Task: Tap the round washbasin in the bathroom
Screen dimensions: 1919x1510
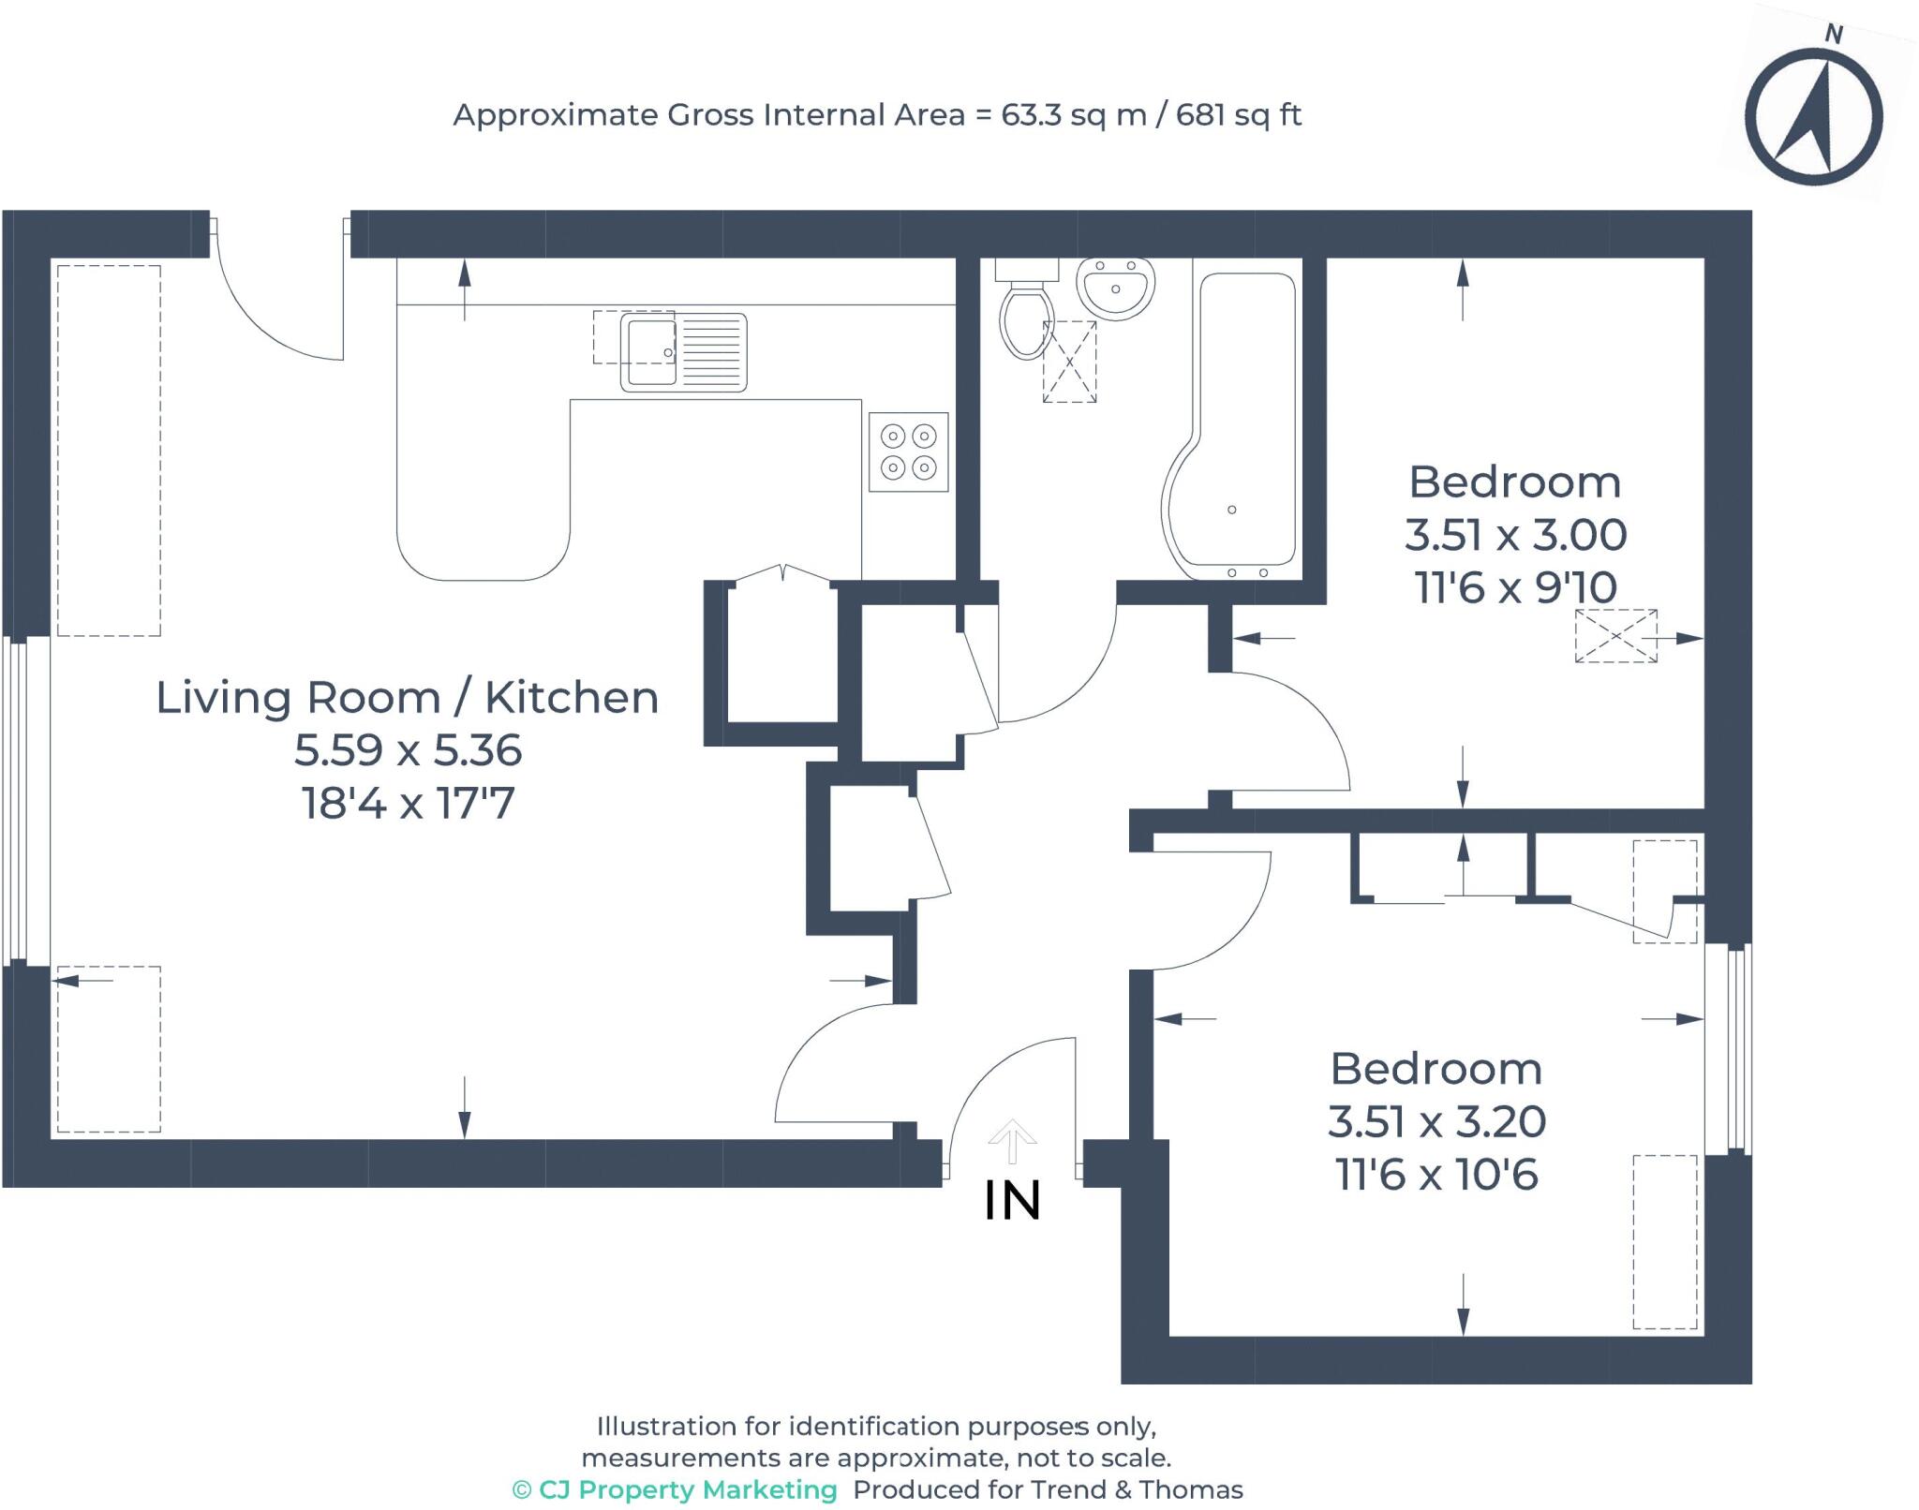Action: click(x=1115, y=288)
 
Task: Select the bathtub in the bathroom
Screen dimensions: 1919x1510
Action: click(x=1230, y=425)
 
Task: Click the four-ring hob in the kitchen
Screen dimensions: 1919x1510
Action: click(x=908, y=452)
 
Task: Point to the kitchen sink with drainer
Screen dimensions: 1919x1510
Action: click(x=683, y=352)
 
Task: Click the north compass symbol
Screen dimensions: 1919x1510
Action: click(x=1813, y=119)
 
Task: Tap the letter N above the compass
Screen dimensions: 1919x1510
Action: click(x=1834, y=35)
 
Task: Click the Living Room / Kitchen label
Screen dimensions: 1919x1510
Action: click(x=408, y=698)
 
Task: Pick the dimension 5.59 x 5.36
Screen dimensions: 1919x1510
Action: click(x=408, y=750)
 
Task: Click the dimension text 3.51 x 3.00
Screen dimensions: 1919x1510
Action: click(x=1515, y=535)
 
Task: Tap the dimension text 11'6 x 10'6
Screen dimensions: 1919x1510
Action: click(x=1436, y=1174)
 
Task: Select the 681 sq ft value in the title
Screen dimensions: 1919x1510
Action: click(x=1239, y=115)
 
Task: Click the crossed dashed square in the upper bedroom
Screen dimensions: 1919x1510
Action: click(x=1615, y=636)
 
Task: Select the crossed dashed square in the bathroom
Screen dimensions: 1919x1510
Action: click(x=1069, y=362)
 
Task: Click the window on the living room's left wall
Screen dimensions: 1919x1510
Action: click(x=26, y=801)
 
